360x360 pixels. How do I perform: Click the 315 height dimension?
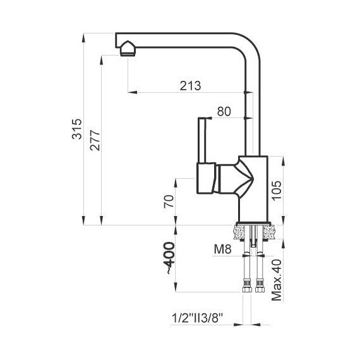point(76,129)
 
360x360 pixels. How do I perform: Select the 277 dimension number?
point(95,140)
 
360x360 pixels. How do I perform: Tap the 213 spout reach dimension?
point(190,86)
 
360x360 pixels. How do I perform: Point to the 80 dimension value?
point(224,112)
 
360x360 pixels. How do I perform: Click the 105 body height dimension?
point(277,191)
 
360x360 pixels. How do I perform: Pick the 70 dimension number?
point(169,201)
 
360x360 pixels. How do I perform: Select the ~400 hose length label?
point(171,258)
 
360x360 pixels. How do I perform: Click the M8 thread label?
point(222,249)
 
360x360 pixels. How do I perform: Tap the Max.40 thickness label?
point(277,280)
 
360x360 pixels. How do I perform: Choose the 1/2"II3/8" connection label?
point(198,318)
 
